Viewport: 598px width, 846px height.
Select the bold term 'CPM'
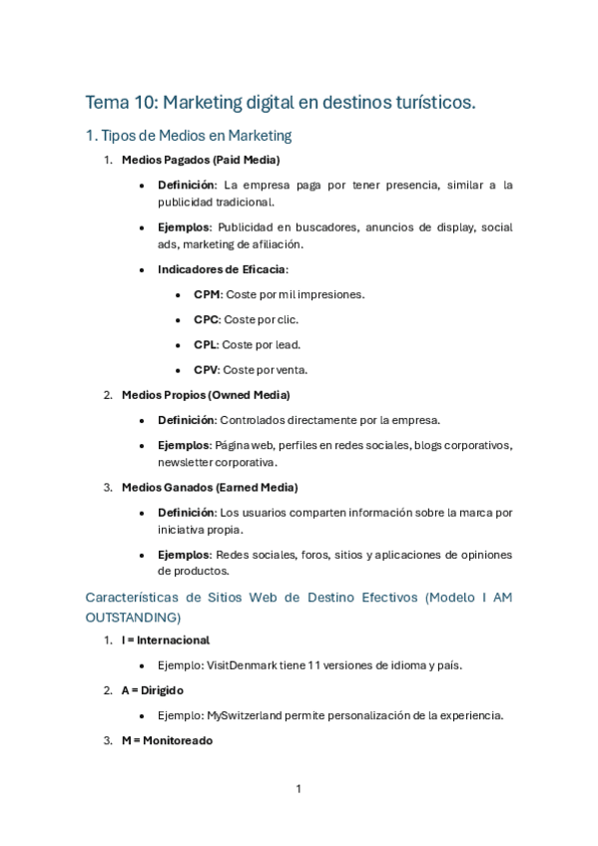(x=207, y=294)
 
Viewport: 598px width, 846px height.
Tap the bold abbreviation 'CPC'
(x=207, y=319)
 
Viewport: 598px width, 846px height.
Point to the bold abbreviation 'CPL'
(x=207, y=344)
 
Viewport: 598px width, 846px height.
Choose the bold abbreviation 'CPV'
(x=207, y=369)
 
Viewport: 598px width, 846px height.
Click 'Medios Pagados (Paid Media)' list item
(x=200, y=160)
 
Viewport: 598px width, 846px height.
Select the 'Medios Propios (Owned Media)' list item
(x=206, y=395)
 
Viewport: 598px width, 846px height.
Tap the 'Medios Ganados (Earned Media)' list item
(x=209, y=487)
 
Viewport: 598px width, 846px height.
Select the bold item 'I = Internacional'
(x=165, y=639)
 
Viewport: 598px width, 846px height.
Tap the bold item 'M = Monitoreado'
(x=167, y=740)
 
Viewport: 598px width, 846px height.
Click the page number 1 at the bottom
(x=299, y=789)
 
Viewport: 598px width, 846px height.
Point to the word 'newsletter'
(x=185, y=462)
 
